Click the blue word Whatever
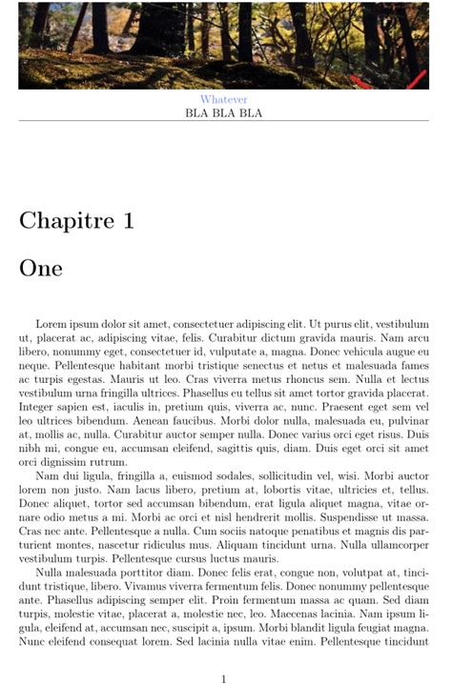223,99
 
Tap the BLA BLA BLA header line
223,113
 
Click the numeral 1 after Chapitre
127,221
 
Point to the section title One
41,269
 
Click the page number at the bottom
223,678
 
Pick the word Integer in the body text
39,406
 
